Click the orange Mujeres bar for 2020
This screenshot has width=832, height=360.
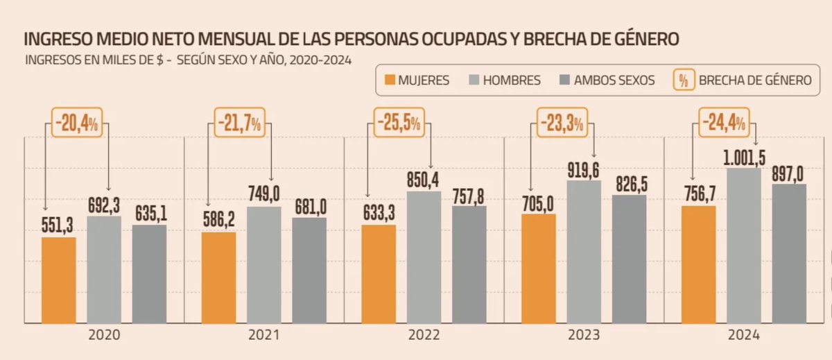[x=59, y=280]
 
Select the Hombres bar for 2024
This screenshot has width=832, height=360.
[x=744, y=246]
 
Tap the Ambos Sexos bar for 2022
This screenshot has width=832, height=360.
[x=469, y=264]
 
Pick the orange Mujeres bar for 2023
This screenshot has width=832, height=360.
[x=539, y=268]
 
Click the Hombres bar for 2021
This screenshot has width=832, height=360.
[x=264, y=264]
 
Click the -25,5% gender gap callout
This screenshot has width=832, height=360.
[x=398, y=123]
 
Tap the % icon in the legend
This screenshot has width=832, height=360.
[x=683, y=80]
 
